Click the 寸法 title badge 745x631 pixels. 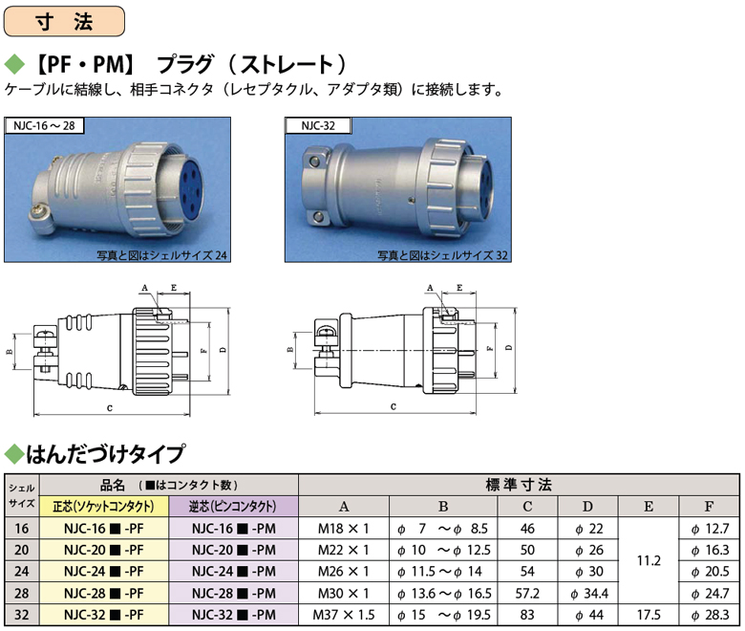click(x=64, y=21)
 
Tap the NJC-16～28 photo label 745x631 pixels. click(x=44, y=125)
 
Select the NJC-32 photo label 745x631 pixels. click(x=318, y=125)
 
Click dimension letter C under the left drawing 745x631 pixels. click(x=110, y=408)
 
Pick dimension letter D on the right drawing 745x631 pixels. click(x=509, y=348)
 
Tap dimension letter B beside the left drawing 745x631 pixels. click(x=9, y=352)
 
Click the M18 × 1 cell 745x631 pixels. click(x=344, y=529)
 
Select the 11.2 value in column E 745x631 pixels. click(x=649, y=560)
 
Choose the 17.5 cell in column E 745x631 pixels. click(x=649, y=615)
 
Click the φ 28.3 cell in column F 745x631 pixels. click(x=710, y=615)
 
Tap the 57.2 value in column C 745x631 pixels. click(x=527, y=594)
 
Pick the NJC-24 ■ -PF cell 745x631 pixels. click(x=103, y=572)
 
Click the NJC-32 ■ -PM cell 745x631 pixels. click(x=233, y=615)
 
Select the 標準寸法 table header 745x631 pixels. click(x=519, y=485)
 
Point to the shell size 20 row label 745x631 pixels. click(x=21, y=550)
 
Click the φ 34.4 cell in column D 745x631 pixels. click(x=588, y=594)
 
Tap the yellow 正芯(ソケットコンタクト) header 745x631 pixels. click(x=103, y=507)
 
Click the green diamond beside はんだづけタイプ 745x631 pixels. click(x=14, y=454)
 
